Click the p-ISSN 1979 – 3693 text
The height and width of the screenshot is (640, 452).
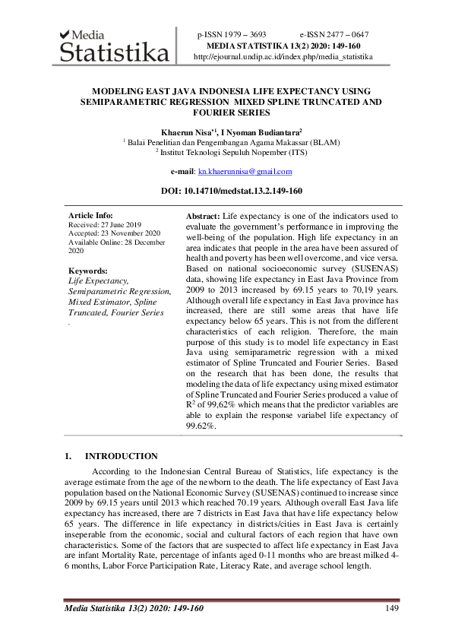(232, 35)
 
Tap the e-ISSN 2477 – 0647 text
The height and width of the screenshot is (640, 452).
(334, 35)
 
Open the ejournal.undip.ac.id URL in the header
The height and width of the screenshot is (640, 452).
(283, 56)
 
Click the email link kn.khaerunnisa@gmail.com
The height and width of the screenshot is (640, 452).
(250, 172)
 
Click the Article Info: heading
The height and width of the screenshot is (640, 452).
(90, 216)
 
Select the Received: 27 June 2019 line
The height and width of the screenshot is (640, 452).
(105, 225)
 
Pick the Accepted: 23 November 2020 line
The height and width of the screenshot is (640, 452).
(114, 233)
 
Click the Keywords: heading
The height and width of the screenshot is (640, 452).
(87, 271)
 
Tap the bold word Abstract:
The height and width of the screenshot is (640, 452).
(203, 217)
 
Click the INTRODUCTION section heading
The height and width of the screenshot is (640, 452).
(121, 456)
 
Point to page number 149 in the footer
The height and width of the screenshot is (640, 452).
(392, 607)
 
